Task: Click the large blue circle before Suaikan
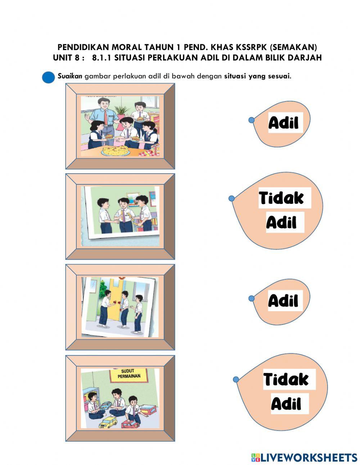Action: (49, 77)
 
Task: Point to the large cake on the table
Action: (116, 150)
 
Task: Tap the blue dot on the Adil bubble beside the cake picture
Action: (252, 120)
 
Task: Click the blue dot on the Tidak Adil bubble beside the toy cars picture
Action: (236, 379)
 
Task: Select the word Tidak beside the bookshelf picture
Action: (282, 198)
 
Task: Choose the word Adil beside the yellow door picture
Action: (283, 301)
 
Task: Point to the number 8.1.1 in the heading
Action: (102, 58)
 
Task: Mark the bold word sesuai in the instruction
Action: (279, 76)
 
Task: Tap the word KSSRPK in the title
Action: (252, 48)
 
